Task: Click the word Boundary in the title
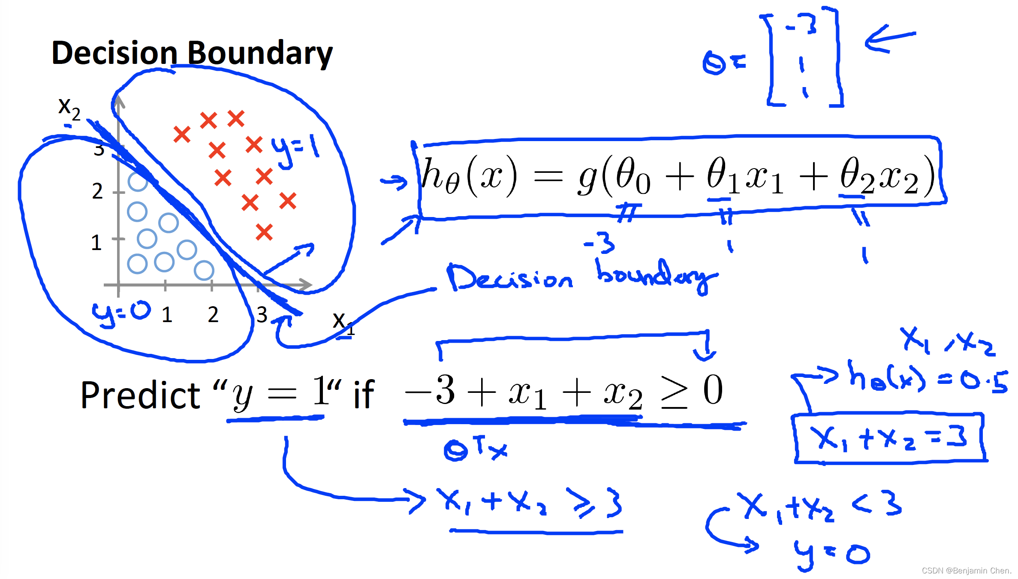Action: pyautogui.click(x=260, y=54)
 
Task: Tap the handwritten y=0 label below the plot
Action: pyautogui.click(x=121, y=312)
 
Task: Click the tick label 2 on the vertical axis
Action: pyautogui.click(x=97, y=191)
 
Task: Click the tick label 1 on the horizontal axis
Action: pyautogui.click(x=167, y=315)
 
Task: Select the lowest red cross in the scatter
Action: pyautogui.click(x=264, y=232)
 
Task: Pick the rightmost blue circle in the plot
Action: pyautogui.click(x=204, y=270)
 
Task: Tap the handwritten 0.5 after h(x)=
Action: pyautogui.click(x=984, y=381)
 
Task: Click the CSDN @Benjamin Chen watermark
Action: pyautogui.click(x=966, y=570)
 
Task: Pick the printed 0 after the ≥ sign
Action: pyautogui.click(x=713, y=390)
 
